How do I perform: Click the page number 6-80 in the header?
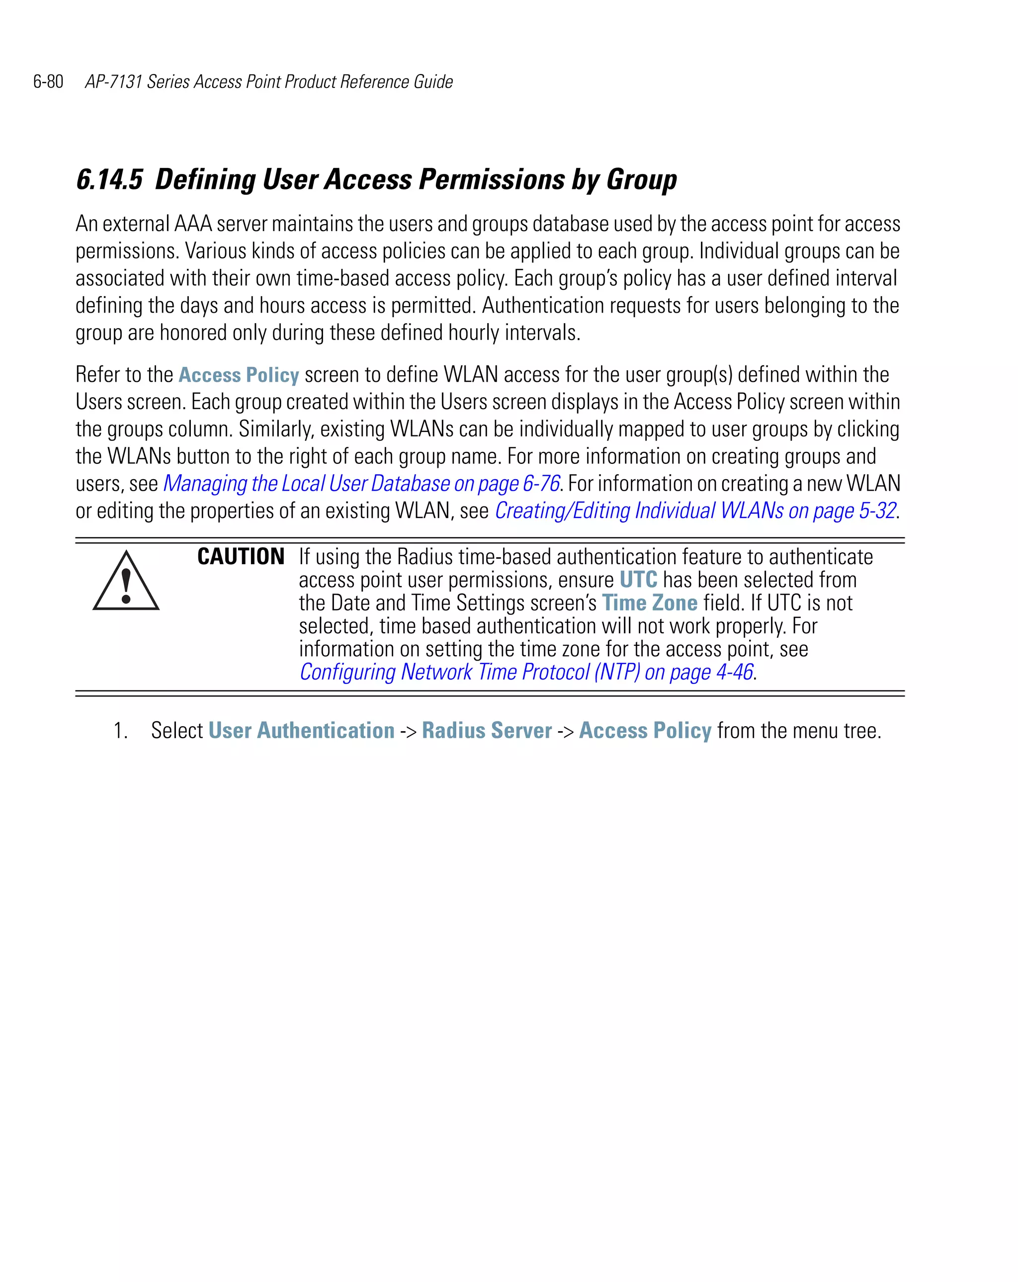click(48, 82)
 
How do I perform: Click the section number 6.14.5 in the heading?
click(110, 179)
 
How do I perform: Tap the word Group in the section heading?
click(642, 179)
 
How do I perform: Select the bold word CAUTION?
click(241, 557)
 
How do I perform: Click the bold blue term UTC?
click(638, 580)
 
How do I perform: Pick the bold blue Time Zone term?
click(649, 603)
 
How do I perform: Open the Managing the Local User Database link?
click(361, 484)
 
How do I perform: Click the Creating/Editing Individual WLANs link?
click(695, 511)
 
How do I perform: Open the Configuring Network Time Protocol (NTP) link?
click(526, 672)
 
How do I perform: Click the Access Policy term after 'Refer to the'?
click(239, 375)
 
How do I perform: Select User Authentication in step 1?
click(302, 730)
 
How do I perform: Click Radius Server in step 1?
click(487, 730)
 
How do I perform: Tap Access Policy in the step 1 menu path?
click(645, 730)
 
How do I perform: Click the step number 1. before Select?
click(121, 730)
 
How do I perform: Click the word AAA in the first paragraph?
click(193, 224)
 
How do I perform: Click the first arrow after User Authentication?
click(408, 731)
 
